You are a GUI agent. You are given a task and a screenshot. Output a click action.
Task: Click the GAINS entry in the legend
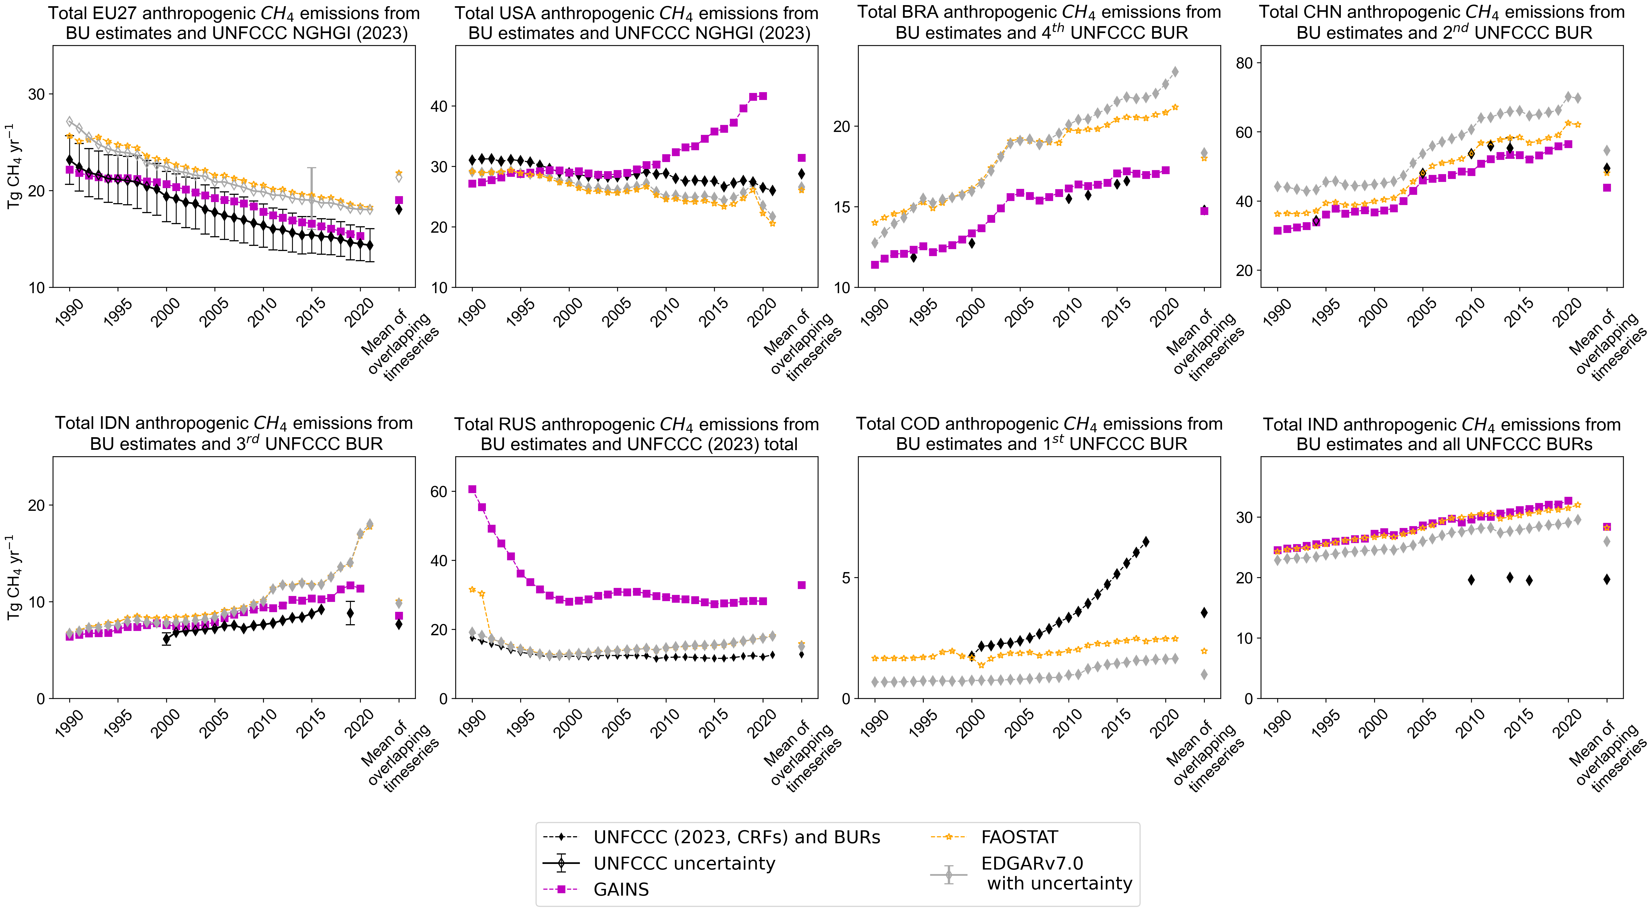[621, 889]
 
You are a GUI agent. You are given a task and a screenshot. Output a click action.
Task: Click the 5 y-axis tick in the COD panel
[845, 578]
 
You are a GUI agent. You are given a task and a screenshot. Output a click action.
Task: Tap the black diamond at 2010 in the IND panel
[1471, 580]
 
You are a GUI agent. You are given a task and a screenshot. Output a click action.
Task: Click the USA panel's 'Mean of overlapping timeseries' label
[802, 347]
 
